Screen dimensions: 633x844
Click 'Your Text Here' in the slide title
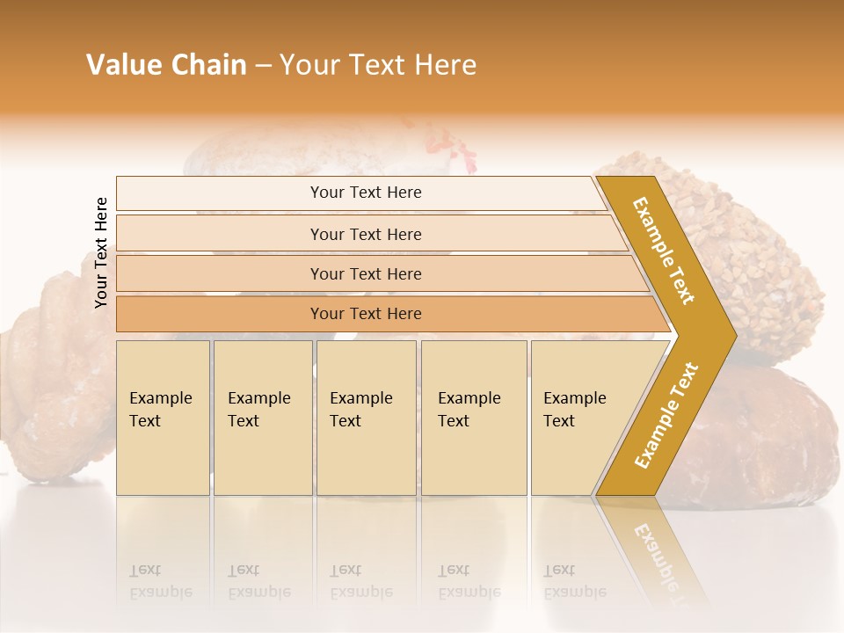[378, 65]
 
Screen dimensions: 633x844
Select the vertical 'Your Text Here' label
[101, 252]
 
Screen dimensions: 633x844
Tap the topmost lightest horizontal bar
[365, 193]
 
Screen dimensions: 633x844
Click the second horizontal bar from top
[365, 234]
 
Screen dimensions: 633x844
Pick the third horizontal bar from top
[365, 273]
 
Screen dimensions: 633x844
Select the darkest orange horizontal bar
[365, 314]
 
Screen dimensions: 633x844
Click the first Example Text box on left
[163, 418]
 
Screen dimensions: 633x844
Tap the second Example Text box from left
[262, 418]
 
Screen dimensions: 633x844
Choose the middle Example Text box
[366, 418]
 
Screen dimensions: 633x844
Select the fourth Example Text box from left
[473, 418]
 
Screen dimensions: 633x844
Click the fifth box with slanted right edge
[580, 418]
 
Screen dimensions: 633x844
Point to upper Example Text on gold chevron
[664, 251]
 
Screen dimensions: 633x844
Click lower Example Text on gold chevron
[666, 415]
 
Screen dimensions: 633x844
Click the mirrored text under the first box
[160, 581]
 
